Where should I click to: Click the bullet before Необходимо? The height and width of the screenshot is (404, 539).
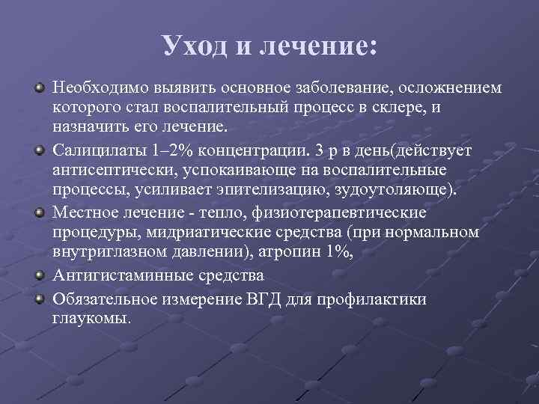pyautogui.click(x=39, y=89)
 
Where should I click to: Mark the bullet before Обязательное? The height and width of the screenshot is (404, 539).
pyautogui.click(x=39, y=299)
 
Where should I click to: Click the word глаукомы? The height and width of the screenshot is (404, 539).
pyautogui.click(x=91, y=318)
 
